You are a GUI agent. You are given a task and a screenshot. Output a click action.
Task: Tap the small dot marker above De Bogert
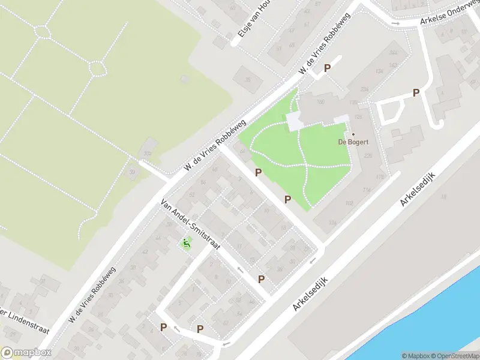[x=353, y=134]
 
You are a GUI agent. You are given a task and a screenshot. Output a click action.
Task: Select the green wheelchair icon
[x=186, y=244]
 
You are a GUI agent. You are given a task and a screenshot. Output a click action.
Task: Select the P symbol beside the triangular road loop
[x=416, y=93]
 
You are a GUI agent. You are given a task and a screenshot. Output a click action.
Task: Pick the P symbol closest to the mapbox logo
[x=163, y=327]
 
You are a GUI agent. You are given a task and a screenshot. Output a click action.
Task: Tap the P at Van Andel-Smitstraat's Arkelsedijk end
[x=262, y=279]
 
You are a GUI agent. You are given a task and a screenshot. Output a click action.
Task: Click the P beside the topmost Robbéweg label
[x=328, y=68]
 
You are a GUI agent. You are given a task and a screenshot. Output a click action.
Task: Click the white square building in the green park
[x=295, y=122]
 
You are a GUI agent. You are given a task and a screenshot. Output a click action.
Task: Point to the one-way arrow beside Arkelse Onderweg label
[x=395, y=23]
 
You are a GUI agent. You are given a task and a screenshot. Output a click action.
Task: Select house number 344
[x=393, y=53]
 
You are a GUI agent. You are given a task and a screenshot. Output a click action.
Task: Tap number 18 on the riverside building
[x=445, y=197]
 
